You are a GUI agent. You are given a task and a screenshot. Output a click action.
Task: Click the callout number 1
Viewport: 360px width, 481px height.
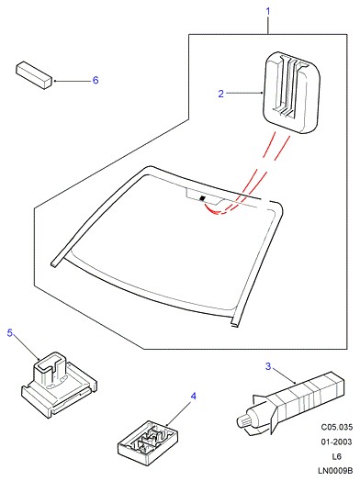click(268, 12)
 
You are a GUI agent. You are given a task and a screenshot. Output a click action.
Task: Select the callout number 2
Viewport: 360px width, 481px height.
click(221, 94)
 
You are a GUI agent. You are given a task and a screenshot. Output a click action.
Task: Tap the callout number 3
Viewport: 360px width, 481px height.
click(268, 366)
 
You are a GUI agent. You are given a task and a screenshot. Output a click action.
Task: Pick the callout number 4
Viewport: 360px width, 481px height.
click(193, 397)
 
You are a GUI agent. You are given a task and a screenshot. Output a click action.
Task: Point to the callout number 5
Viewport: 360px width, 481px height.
click(10, 332)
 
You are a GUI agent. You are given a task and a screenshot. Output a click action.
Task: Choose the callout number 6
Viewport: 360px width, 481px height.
click(96, 80)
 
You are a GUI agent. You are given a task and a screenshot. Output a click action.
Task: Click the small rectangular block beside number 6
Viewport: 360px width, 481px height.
click(34, 75)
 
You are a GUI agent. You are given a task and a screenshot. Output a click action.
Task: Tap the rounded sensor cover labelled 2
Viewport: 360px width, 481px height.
click(291, 93)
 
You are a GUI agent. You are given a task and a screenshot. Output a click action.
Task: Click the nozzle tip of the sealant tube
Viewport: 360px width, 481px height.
click(242, 421)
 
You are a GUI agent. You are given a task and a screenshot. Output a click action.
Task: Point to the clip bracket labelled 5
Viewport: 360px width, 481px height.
click(59, 384)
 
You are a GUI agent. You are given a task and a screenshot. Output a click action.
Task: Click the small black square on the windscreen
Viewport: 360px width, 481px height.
click(202, 198)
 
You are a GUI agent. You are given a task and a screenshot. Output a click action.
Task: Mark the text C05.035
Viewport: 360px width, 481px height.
click(337, 427)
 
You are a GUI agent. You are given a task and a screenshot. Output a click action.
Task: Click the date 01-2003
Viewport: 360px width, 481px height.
click(337, 442)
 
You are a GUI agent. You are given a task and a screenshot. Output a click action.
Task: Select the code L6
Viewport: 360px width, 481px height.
click(337, 457)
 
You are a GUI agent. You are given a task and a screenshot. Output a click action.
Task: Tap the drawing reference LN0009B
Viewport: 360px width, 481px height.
click(335, 471)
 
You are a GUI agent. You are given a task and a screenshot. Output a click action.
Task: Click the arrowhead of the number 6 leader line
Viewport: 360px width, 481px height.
click(55, 81)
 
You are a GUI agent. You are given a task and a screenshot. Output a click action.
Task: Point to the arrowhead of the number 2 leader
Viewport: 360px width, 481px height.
click(261, 93)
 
